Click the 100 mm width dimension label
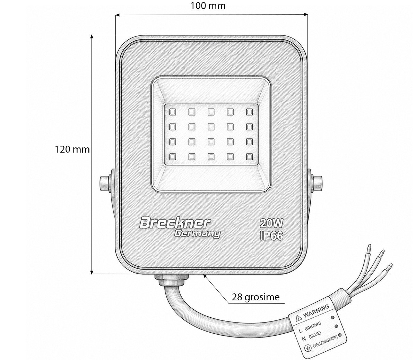pos(208,6)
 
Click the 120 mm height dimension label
pos(72,149)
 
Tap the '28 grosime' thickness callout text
pos(255,297)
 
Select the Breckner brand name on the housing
pos(175,223)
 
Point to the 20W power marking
pos(271,223)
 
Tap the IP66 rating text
pos(271,235)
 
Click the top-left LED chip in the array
pos(173,112)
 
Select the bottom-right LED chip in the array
pos(249,157)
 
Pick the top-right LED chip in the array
pos(249,112)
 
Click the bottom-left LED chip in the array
pos(173,157)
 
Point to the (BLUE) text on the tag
pos(315,335)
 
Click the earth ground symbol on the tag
pos(308,348)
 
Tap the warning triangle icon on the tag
pos(298,318)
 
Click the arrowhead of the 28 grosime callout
pos(205,276)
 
